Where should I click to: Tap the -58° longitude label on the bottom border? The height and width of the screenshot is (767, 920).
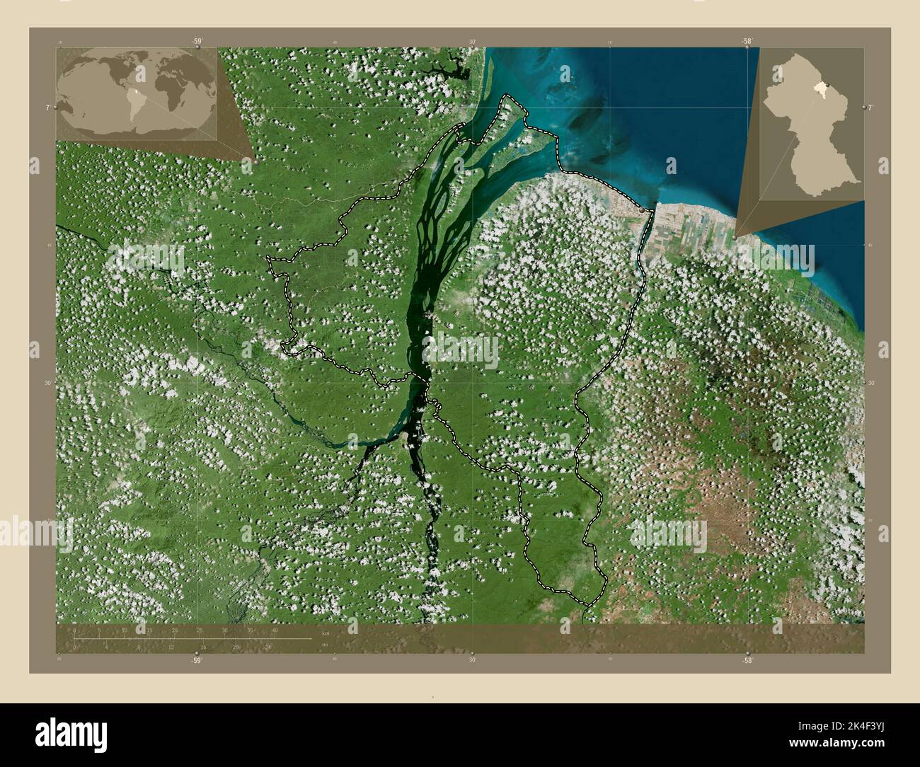(x=747, y=659)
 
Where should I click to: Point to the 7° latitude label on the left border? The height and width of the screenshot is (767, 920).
(x=47, y=108)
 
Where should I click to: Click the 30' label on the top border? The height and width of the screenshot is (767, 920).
(x=472, y=41)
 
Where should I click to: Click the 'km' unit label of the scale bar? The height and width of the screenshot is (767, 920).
(x=325, y=630)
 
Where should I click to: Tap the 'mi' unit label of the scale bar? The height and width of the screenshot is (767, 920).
(x=325, y=645)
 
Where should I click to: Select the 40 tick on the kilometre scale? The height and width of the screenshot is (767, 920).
(x=275, y=630)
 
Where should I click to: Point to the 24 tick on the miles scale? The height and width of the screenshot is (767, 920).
(x=268, y=647)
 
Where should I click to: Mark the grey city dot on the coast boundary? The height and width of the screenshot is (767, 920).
(x=641, y=210)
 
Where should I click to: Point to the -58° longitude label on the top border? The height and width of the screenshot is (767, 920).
(x=747, y=41)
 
